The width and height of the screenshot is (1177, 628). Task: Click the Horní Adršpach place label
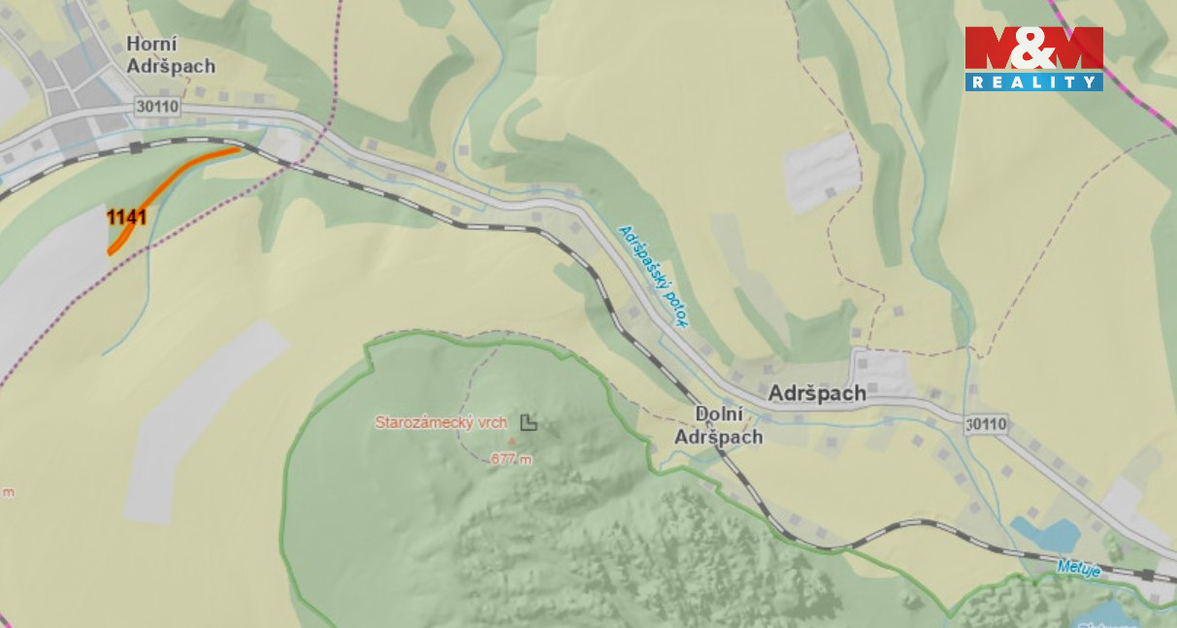pos(171,55)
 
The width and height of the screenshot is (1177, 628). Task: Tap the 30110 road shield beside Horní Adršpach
pos(158,108)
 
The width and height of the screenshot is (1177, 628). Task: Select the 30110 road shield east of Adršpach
pos(987,424)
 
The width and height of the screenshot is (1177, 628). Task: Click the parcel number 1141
pos(126,216)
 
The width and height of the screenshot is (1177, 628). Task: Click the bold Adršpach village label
pos(816,394)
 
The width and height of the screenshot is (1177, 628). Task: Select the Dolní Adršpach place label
pos(718,425)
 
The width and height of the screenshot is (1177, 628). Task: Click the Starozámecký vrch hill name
pos(441,422)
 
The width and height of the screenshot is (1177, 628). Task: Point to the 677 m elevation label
pos(511,459)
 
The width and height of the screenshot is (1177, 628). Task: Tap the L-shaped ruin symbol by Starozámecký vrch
pos(528,421)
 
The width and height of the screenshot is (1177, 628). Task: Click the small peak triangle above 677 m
pos(512,442)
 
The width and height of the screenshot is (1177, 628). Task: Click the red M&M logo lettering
pos(1033,50)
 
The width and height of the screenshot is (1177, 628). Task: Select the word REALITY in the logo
pos(1033,83)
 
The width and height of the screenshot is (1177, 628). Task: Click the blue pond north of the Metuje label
pos(1047,532)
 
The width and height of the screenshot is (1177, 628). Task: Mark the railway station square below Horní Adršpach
pos(136,147)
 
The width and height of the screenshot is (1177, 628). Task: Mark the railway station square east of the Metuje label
pos(1148,576)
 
